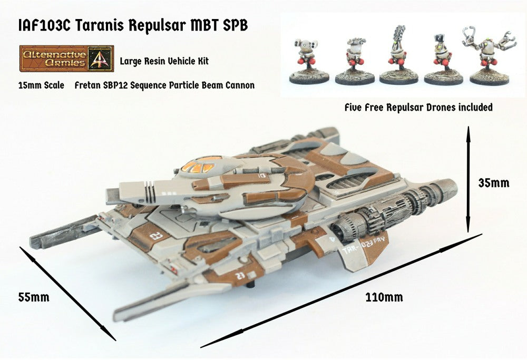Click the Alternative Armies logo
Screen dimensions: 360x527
66,58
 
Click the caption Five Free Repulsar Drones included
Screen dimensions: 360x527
418,108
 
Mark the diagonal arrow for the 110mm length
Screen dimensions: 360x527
340,290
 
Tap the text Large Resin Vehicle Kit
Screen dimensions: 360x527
164,61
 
